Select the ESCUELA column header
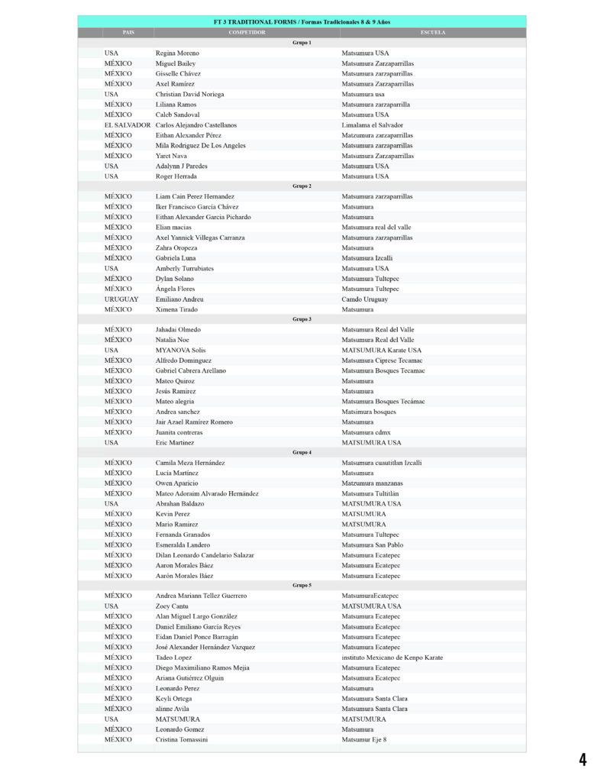pos(433,33)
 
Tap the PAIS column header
pos(128,33)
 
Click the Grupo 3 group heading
pos(302,319)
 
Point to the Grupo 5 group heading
pos(302,586)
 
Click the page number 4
pos(583,759)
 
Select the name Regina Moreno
pos(177,53)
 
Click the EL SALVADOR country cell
pos(128,125)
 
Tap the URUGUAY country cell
pos(121,299)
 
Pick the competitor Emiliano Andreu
pos(179,299)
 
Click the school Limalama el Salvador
pos(372,125)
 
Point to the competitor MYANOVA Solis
pos(180,351)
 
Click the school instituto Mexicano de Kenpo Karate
pos(392,658)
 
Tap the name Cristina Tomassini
pos(182,740)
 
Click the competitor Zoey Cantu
pos(172,606)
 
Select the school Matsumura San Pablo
pos(372,545)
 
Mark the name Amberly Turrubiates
pos(185,269)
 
